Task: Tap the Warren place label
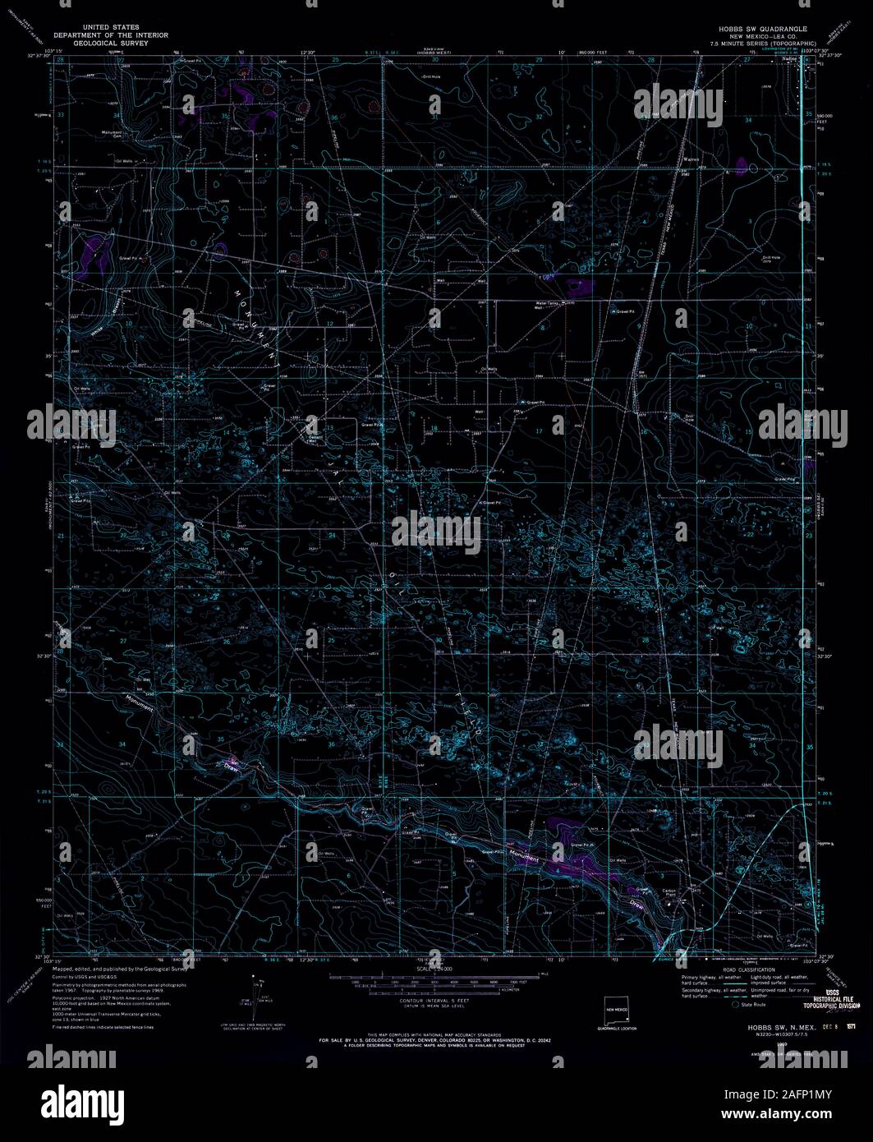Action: coord(691,160)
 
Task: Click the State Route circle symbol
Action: coord(737,1004)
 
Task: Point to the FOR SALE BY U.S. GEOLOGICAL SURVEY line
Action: coord(422,1039)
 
